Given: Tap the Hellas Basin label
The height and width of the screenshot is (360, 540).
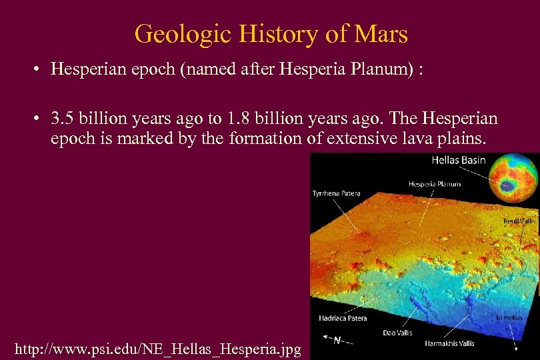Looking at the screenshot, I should (459, 160).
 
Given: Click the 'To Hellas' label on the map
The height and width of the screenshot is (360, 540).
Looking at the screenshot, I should (508, 318).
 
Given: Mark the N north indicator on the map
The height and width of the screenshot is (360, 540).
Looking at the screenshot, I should (337, 340).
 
